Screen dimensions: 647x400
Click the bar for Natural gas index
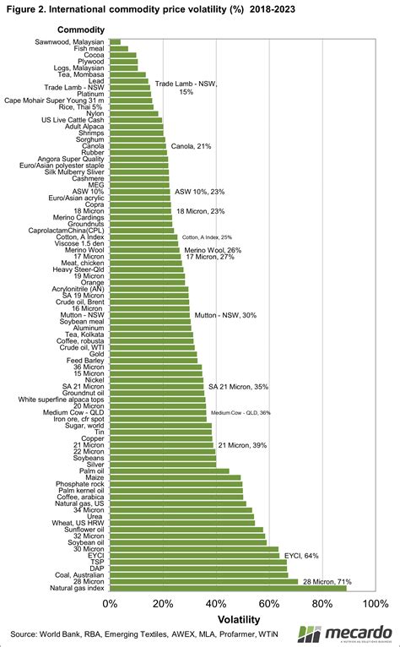(x=228, y=588)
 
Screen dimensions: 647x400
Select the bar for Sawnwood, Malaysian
(x=116, y=41)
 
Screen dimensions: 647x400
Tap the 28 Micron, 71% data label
(x=332, y=581)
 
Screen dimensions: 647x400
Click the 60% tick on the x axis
(x=269, y=605)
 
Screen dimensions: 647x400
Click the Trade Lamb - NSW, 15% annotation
(x=185, y=87)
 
